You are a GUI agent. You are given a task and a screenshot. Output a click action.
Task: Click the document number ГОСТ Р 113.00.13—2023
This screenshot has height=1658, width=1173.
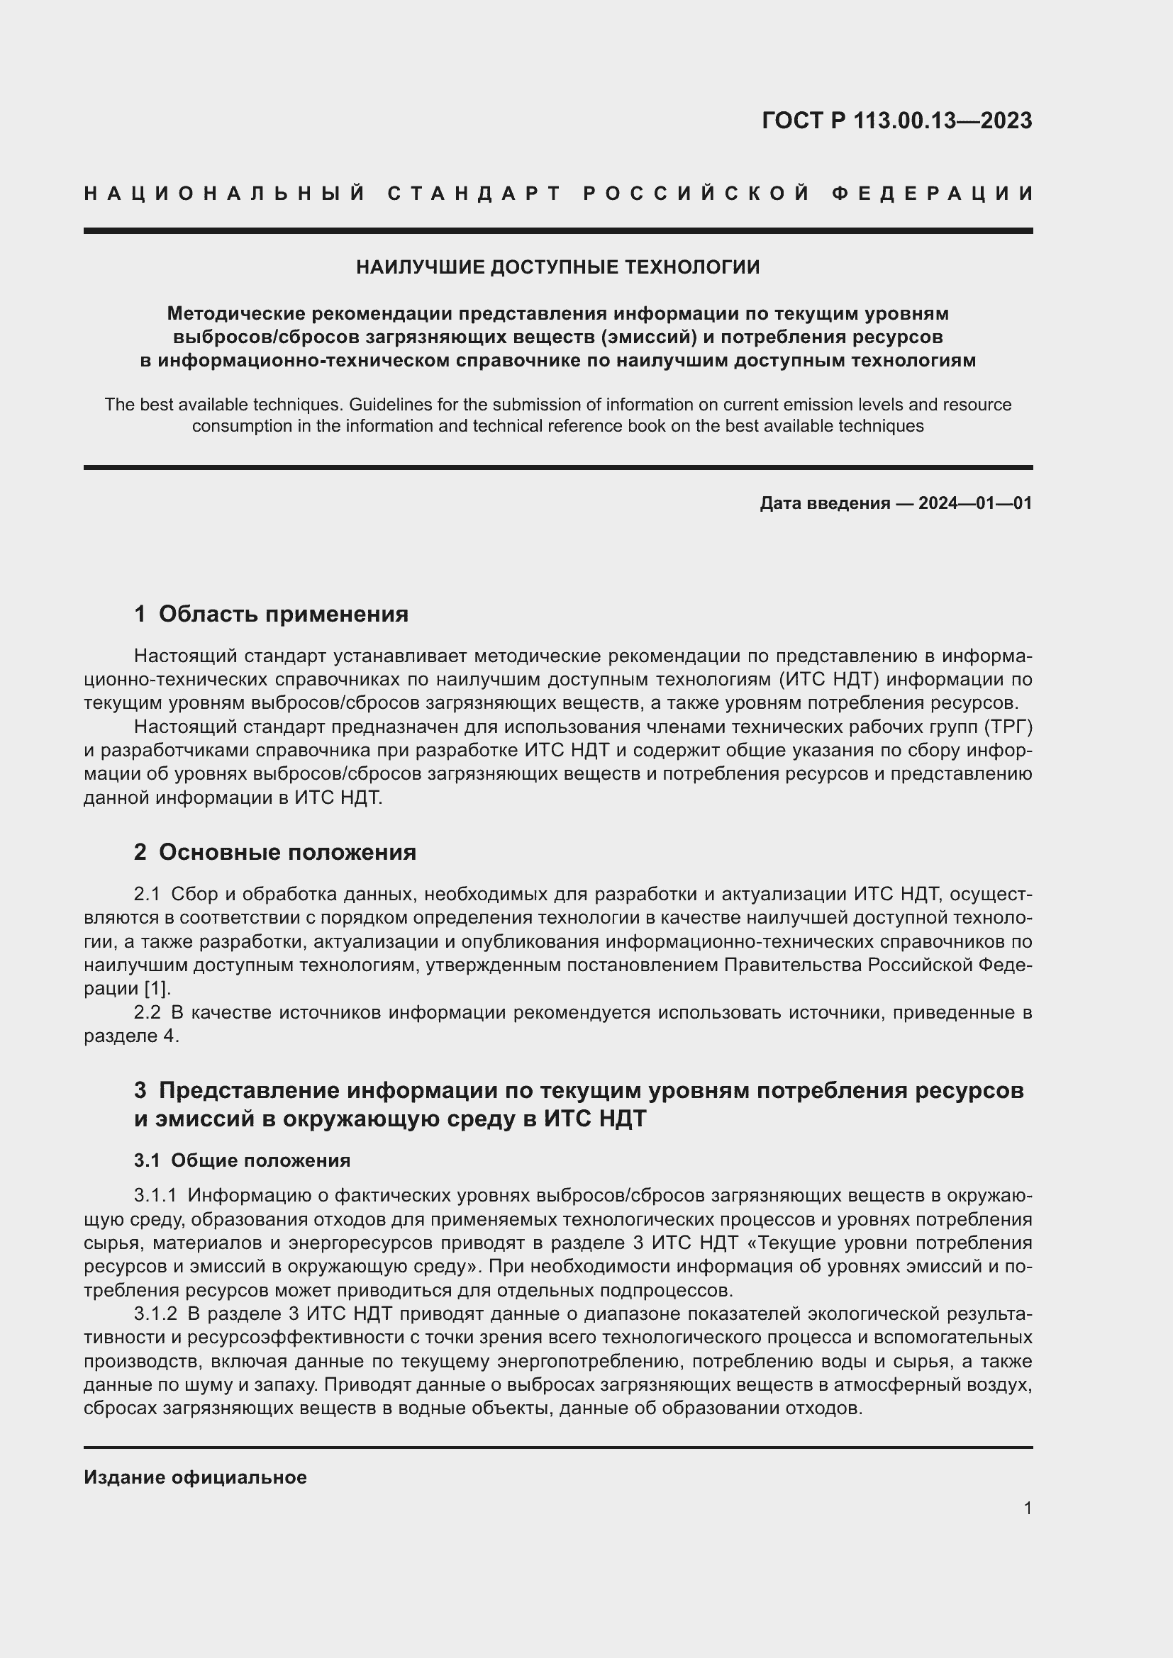(896, 121)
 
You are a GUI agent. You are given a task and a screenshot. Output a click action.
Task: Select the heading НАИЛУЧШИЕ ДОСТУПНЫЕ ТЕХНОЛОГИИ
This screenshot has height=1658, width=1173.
(557, 267)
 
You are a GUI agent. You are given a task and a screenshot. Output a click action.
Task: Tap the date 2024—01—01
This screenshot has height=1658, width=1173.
(975, 503)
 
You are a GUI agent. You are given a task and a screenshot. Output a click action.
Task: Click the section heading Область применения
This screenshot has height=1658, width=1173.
(283, 614)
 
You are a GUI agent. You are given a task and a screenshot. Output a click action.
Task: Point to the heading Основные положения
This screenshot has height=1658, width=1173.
(287, 852)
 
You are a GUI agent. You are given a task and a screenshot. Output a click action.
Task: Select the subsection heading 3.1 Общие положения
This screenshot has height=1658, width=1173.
(242, 1160)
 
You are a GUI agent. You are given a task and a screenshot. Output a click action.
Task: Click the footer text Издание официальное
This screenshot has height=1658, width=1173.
(195, 1477)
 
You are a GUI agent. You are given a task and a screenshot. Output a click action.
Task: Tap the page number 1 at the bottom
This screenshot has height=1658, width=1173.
(1028, 1508)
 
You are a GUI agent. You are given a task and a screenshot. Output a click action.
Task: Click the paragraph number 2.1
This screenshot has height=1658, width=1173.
(147, 895)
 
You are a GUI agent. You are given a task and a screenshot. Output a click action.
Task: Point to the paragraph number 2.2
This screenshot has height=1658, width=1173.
(147, 1012)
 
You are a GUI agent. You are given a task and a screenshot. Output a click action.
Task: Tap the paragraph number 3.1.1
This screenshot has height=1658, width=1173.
(155, 1196)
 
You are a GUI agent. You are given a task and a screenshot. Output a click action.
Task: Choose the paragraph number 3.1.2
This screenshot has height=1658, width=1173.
(155, 1313)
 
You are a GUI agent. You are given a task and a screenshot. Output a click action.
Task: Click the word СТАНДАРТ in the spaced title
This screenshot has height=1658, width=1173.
(474, 194)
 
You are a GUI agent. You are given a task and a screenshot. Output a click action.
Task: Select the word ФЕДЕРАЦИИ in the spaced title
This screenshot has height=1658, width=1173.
(933, 194)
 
